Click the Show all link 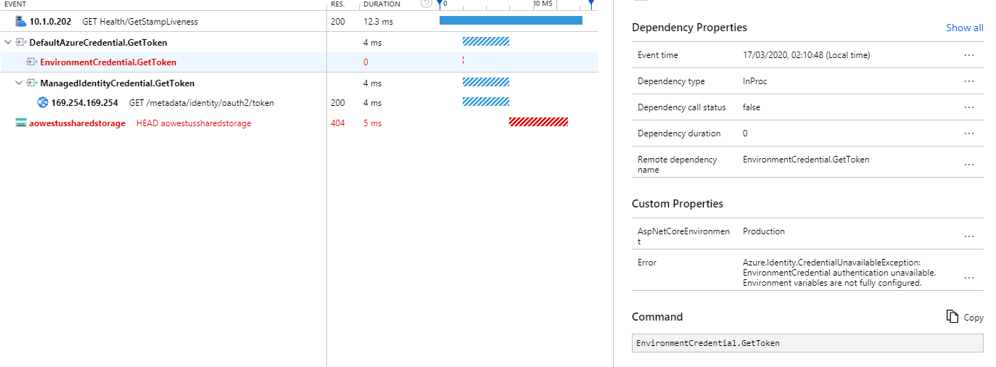point(964,28)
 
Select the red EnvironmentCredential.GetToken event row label point(108,62)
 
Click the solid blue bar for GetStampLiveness point(511,21)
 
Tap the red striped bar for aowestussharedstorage point(538,123)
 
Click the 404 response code point(337,123)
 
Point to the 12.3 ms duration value point(378,22)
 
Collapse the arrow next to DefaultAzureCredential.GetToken point(7,42)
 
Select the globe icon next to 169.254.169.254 point(43,102)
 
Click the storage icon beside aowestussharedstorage point(20,123)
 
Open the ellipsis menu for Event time point(968,55)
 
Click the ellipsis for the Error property point(968,277)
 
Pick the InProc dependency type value point(754,81)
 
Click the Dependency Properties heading point(689,28)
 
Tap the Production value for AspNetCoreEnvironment point(763,231)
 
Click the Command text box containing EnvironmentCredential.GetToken point(807,343)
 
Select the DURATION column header point(382,4)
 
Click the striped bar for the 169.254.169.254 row point(486,102)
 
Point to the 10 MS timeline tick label point(543,4)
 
